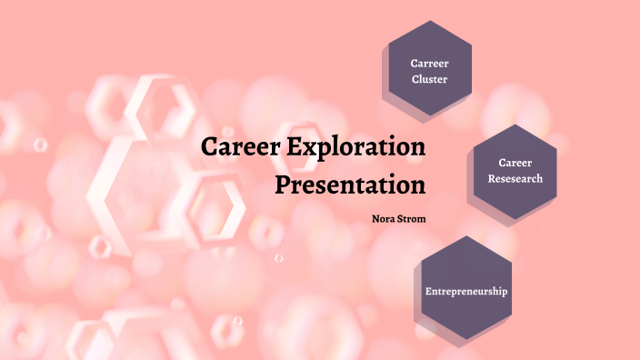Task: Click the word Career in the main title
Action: click(x=239, y=147)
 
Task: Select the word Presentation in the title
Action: click(x=351, y=185)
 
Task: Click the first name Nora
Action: click(x=384, y=218)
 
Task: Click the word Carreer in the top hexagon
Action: click(x=430, y=64)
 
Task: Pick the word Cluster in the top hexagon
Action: click(x=430, y=79)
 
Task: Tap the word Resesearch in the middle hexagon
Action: click(x=515, y=178)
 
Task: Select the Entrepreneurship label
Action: click(x=466, y=292)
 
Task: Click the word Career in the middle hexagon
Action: click(x=515, y=163)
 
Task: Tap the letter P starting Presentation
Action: click(x=284, y=185)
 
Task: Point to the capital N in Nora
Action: click(x=375, y=218)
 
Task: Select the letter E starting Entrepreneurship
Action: click(x=429, y=292)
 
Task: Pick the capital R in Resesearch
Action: click(x=491, y=178)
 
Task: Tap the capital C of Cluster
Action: click(x=415, y=79)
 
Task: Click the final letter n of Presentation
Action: click(x=418, y=185)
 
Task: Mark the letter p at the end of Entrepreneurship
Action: click(x=505, y=293)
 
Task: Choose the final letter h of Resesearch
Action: click(x=539, y=178)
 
